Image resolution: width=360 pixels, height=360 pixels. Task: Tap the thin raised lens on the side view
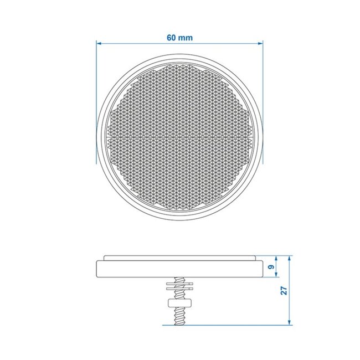tap(179, 258)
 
